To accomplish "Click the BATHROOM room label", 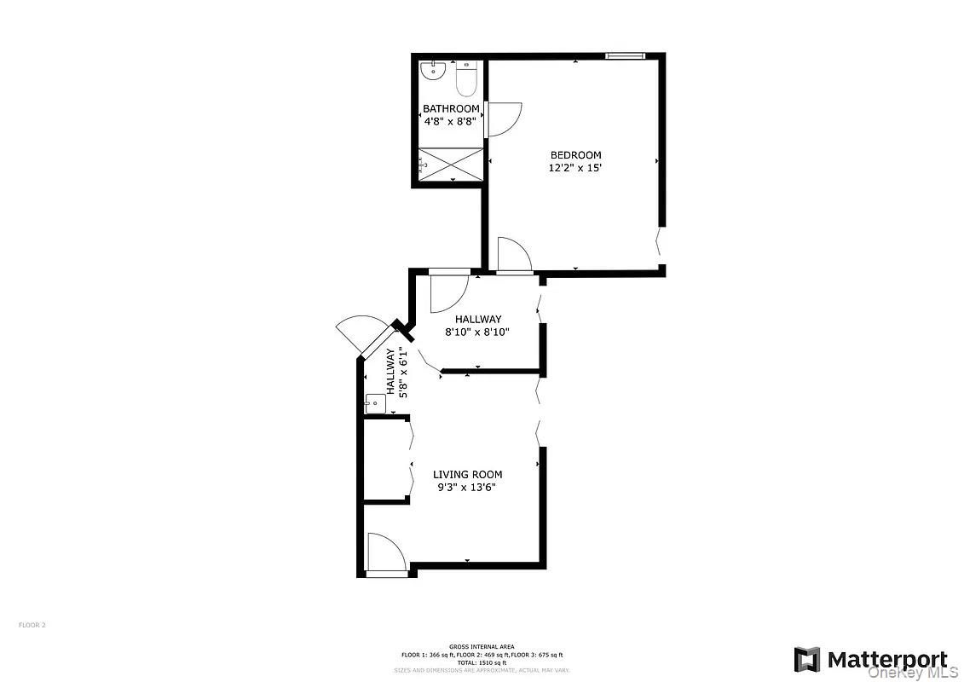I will [451, 109].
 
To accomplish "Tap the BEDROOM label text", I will [575, 155].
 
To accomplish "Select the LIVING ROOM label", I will [467, 475].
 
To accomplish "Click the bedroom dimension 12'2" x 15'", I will [575, 169].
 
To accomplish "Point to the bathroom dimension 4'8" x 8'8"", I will [451, 122].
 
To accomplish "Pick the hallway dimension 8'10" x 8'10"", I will [476, 332].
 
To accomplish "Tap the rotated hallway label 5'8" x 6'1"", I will [397, 372].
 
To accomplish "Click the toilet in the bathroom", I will [465, 78].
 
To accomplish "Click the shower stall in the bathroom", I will [451, 164].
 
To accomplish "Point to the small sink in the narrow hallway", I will [375, 403].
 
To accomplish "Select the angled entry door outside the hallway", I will [361, 333].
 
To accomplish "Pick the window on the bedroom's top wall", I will [625, 56].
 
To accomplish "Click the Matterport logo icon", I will [806, 660].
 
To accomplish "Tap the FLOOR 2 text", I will [32, 625].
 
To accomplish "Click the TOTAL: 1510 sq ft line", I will [482, 662].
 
